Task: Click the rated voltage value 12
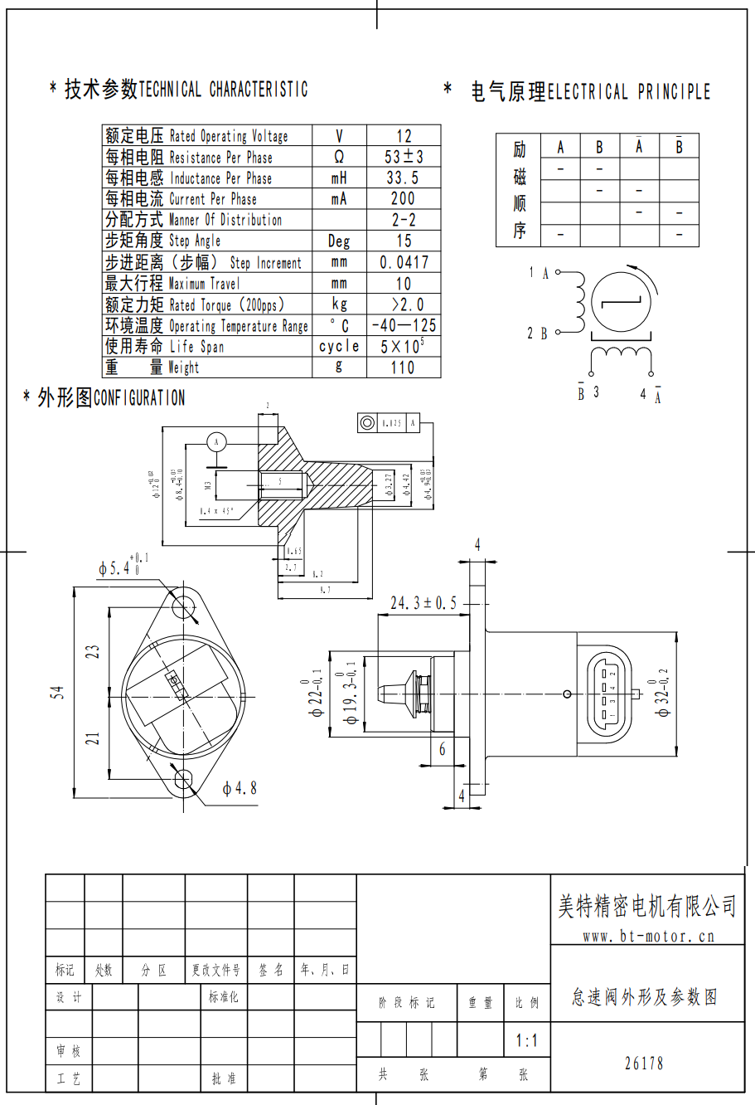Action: coord(404,136)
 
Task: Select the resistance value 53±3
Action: coord(404,157)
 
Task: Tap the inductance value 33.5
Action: coord(404,178)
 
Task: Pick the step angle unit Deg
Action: coord(339,241)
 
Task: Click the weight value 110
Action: coord(404,368)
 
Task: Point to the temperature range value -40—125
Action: coord(404,325)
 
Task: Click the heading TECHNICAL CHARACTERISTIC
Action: coord(223,90)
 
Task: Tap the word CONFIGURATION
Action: coord(139,398)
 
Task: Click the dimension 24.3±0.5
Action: coord(423,603)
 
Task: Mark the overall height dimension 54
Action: coord(57,692)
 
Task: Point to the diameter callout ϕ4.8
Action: coord(240,788)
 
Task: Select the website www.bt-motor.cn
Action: coord(648,937)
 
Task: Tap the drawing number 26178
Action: coord(644,1064)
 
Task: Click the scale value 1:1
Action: coord(526,1040)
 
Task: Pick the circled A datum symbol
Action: coord(216,441)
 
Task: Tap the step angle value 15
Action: coord(404,241)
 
